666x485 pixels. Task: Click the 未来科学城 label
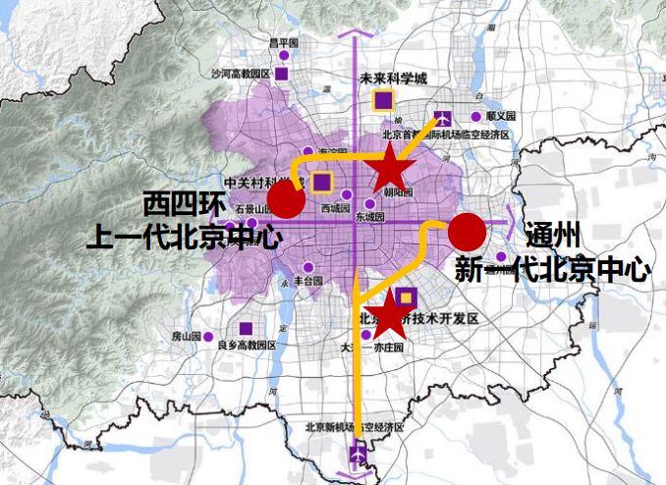click(394, 79)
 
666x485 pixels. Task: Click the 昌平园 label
click(283, 43)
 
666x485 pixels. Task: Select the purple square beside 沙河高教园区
click(282, 74)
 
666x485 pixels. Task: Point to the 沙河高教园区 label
click(239, 74)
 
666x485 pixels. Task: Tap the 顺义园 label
click(500, 116)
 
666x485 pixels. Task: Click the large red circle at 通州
click(467, 232)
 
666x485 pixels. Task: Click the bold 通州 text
click(553, 236)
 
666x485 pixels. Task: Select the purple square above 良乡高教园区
click(245, 329)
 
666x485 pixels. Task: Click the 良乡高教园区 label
click(247, 346)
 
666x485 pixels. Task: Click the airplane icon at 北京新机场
click(359, 455)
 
